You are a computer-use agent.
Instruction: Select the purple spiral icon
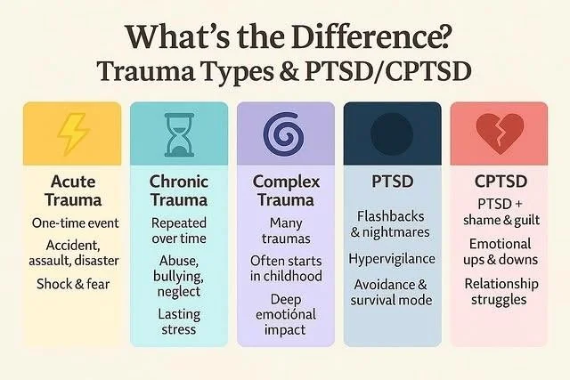[285, 136]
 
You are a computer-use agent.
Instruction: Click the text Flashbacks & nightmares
[393, 224]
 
